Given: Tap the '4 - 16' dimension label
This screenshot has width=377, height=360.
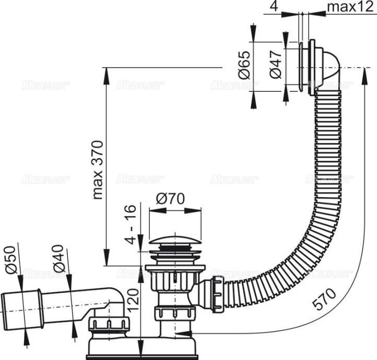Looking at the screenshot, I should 131,224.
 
